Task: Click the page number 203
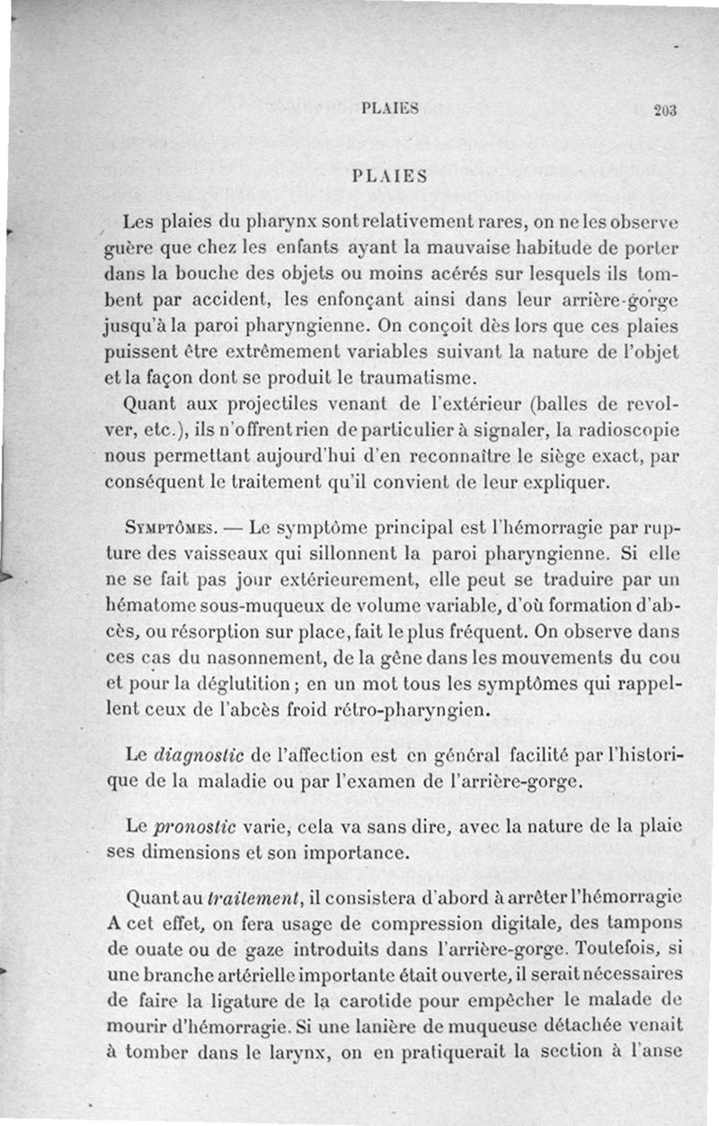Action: point(665,111)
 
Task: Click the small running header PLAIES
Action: point(389,109)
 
